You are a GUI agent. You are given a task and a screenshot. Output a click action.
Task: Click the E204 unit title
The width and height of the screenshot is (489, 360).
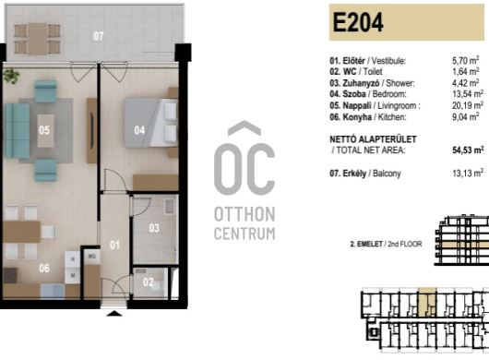[x=358, y=22]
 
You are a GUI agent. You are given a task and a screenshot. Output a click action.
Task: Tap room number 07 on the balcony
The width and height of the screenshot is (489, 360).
[x=99, y=36]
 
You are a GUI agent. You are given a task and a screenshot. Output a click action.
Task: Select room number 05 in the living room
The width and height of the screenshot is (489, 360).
[x=44, y=130]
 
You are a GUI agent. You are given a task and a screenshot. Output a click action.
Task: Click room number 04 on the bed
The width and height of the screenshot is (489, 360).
[x=139, y=130]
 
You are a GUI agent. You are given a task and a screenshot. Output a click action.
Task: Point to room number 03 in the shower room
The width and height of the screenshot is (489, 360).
[x=154, y=228]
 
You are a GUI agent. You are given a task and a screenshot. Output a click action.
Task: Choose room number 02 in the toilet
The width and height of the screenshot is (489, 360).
[x=149, y=282]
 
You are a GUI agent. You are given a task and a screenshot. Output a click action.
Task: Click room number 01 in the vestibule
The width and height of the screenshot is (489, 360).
[x=114, y=246]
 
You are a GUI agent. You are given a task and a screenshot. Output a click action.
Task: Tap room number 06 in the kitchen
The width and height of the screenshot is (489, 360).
[x=44, y=268]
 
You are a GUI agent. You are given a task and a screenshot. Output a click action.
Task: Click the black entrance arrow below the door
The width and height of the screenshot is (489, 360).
[x=114, y=314]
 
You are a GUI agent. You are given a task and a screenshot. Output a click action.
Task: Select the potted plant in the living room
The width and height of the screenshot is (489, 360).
[x=12, y=76]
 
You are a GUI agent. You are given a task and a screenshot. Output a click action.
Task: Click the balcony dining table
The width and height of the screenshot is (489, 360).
[x=37, y=39]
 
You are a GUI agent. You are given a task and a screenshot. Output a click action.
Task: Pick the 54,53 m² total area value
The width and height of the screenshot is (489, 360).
[x=468, y=150]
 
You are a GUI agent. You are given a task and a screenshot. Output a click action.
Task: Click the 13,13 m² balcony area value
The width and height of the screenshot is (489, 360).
[x=468, y=174]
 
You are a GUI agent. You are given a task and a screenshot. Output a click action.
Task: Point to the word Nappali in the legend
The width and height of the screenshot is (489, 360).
[x=357, y=106]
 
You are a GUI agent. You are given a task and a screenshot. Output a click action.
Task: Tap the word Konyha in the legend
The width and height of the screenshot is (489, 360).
[x=357, y=117]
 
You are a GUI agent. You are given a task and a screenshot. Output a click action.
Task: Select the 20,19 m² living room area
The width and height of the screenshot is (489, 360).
[x=468, y=105]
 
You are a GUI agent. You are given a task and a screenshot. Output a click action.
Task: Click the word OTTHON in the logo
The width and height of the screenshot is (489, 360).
[x=244, y=214]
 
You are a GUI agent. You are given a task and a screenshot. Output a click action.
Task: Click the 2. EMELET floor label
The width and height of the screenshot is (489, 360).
[x=366, y=244]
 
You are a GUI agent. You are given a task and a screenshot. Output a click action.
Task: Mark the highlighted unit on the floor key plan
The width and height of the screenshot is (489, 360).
[x=427, y=302]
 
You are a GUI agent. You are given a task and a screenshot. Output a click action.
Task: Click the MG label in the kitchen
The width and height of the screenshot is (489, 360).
[x=91, y=256]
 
